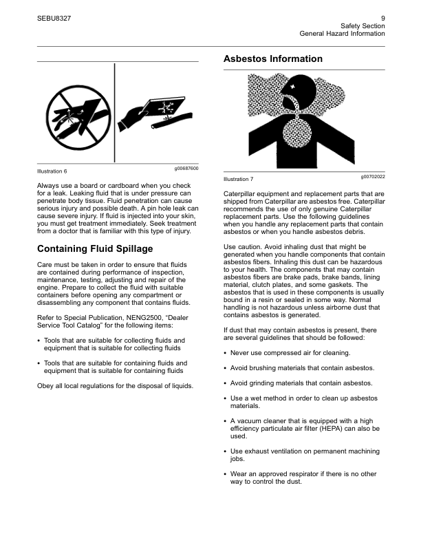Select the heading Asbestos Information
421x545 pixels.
click(x=273, y=59)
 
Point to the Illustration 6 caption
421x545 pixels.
click(x=52, y=171)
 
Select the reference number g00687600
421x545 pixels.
click(x=186, y=168)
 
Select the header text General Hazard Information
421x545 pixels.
click(x=342, y=33)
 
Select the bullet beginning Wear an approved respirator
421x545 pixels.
click(x=303, y=478)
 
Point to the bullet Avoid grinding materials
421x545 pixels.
click(x=301, y=383)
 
